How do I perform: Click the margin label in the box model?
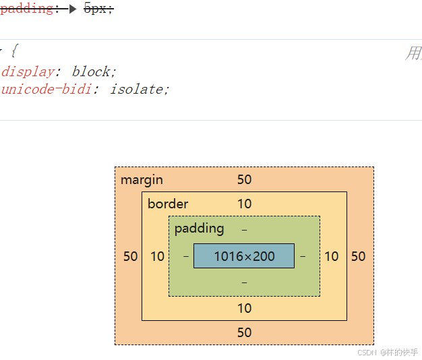coord(142,180)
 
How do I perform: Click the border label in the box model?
coord(168,204)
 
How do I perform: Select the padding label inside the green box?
coord(199,228)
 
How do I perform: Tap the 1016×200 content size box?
coord(244,256)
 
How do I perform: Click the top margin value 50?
coord(244,179)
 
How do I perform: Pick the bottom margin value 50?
coord(244,332)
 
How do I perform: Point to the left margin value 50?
coord(130,256)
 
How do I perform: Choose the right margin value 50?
coord(358,256)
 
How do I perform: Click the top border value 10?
coord(244,204)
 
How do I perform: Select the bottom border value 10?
coord(244,308)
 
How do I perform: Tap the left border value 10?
coord(157,256)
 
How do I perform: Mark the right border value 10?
coord(331,256)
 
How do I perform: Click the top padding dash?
coord(244,229)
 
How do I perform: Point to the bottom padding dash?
coord(244,282)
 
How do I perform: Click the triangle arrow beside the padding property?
coord(73,9)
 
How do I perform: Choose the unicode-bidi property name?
coord(46,89)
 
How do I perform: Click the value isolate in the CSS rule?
coord(135,89)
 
